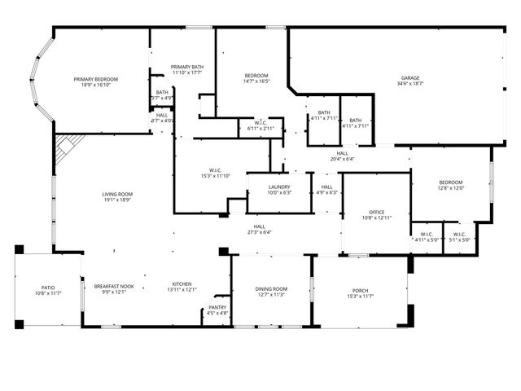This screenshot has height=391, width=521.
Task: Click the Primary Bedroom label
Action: (x=96, y=79)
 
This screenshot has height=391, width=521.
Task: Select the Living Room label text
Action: (x=117, y=194)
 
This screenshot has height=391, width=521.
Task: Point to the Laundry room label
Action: (x=279, y=187)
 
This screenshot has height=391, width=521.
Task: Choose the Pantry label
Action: (x=217, y=307)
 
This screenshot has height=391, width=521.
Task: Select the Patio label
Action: (x=49, y=288)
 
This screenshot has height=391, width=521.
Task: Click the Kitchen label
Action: (x=182, y=284)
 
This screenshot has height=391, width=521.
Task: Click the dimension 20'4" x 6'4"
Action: (x=342, y=159)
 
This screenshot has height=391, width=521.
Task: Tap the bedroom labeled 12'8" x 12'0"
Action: (x=451, y=182)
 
